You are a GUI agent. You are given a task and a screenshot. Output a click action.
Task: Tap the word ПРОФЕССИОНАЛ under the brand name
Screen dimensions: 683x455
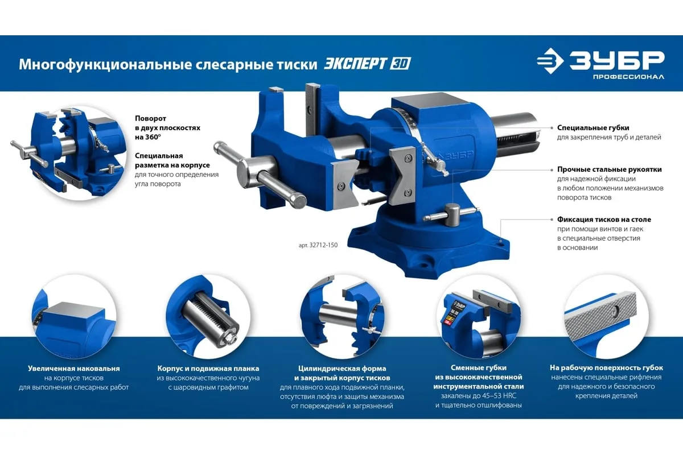pos(628,77)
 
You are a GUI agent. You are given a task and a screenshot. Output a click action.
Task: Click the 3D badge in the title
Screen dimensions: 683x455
pos(400,64)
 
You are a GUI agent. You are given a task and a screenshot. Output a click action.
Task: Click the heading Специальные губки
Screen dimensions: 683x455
pos(593,128)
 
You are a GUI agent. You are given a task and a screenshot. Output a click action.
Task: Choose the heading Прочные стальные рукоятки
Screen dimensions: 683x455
pos(610,169)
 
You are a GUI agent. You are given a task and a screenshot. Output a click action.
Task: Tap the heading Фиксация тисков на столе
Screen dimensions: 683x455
pos(604,220)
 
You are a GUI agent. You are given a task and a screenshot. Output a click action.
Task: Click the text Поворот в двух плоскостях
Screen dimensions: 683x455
pos(168,123)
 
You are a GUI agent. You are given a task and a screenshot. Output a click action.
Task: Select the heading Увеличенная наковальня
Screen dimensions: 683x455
pos(74,369)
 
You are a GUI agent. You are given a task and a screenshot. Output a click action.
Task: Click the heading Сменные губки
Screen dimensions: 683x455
pos(479,368)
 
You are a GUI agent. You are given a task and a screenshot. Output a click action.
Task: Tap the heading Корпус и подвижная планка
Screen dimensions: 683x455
pos(208,369)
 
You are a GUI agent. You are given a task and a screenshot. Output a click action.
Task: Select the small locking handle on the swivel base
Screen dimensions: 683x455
pos(451,214)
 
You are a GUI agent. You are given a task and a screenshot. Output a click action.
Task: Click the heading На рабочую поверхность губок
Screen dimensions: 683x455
pos(606,368)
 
